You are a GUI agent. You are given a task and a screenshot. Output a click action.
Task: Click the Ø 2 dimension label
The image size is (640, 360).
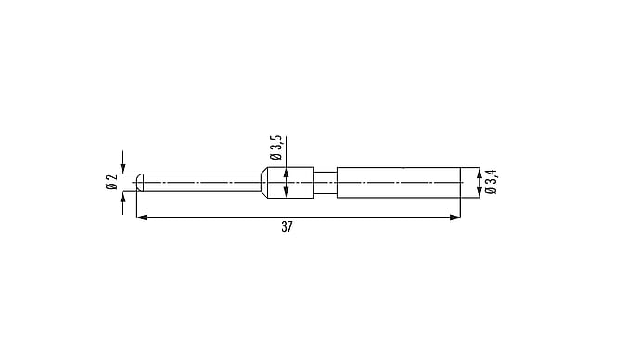click(111, 182)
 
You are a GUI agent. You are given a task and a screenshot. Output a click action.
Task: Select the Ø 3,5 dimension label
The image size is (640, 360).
click(275, 148)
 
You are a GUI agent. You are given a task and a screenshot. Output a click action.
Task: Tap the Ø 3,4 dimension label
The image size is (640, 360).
click(491, 182)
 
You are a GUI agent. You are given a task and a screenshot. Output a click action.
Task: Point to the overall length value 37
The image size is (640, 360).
click(287, 226)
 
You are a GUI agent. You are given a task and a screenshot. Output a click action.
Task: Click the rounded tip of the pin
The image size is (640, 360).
click(139, 183)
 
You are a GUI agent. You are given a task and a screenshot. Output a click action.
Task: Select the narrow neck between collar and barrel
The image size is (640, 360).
click(325, 183)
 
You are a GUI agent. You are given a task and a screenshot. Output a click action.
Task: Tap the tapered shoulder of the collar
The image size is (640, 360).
click(264, 183)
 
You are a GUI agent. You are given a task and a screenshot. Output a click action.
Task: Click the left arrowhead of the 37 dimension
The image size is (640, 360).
click(142, 217)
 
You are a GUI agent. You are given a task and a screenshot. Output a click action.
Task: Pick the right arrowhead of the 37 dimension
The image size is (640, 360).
click(454, 217)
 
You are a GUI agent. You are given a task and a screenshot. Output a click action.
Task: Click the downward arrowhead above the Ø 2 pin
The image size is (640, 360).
click(122, 169)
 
